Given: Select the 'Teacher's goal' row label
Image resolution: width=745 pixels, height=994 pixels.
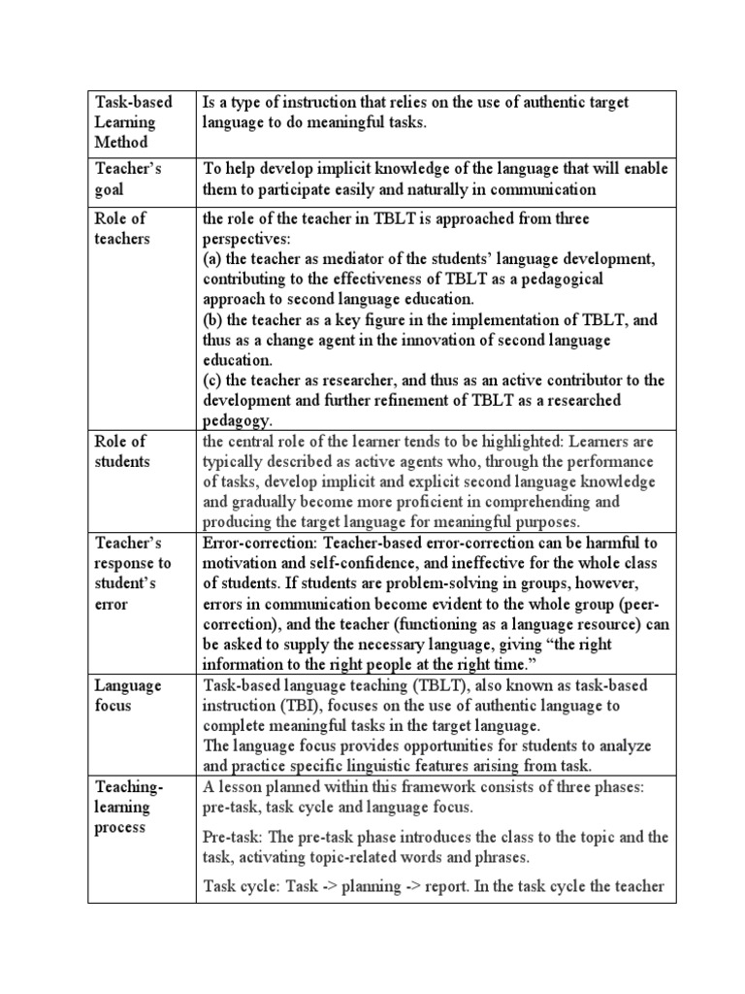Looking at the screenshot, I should (128, 179).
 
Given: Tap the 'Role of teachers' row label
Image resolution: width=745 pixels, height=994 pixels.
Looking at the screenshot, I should (122, 228).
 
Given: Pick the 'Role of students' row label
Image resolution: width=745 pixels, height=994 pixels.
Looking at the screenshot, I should (122, 451).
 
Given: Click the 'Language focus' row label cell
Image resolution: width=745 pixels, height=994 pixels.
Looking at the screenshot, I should (128, 695).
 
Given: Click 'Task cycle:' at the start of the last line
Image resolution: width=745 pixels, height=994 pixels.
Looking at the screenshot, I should (242, 885).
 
